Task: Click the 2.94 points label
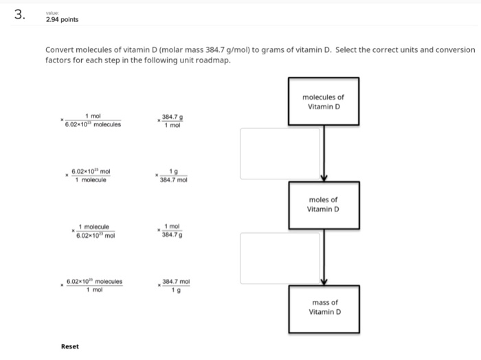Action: click(62, 19)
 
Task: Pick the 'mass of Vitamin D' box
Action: click(323, 306)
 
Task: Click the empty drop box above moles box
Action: click(280, 153)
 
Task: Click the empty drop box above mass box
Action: click(280, 256)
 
